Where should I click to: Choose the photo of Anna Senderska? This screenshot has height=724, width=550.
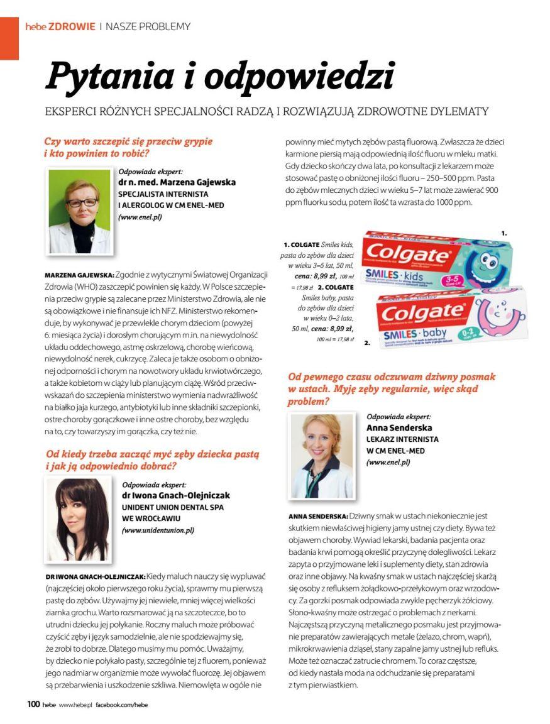pyautogui.click(x=321, y=455)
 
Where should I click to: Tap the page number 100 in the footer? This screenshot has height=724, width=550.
pyautogui.click(x=33, y=705)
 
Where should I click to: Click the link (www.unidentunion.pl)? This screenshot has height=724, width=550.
pyautogui.click(x=158, y=530)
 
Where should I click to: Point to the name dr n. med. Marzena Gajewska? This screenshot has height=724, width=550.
pyautogui.click(x=177, y=182)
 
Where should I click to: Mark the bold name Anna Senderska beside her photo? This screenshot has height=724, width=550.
pyautogui.click(x=398, y=428)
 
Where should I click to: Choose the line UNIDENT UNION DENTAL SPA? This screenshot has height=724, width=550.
pyautogui.click(x=172, y=507)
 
